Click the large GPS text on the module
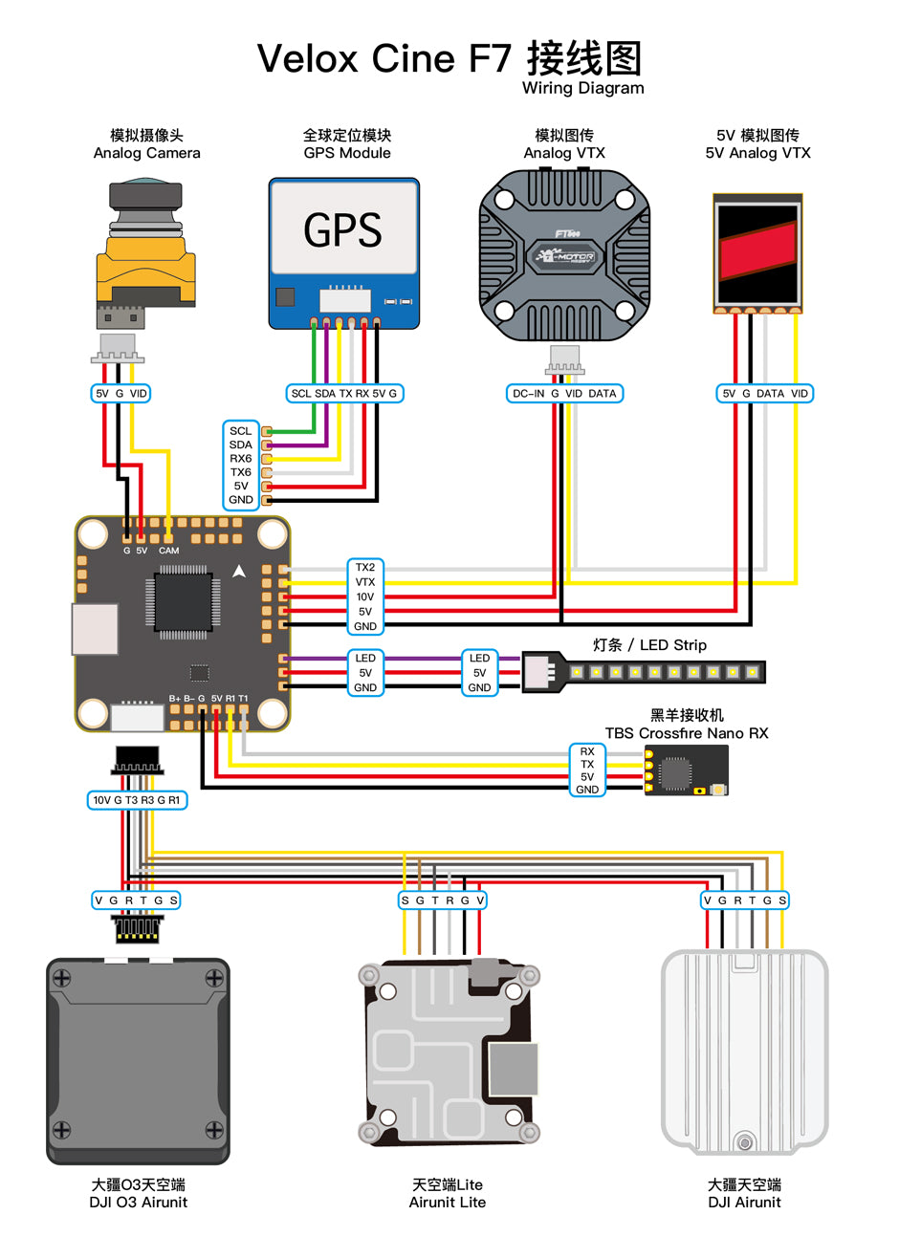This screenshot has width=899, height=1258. (x=342, y=229)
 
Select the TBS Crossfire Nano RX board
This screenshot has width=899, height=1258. (x=686, y=770)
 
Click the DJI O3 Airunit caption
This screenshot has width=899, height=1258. (x=139, y=1202)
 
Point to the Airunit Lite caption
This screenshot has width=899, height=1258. (x=448, y=1202)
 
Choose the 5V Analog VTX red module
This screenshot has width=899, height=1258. (x=757, y=253)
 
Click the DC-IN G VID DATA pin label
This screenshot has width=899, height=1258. (x=564, y=393)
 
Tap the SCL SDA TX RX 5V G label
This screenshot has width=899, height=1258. (x=344, y=393)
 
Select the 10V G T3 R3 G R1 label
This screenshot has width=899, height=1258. (x=137, y=799)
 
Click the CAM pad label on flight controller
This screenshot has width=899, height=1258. (x=168, y=551)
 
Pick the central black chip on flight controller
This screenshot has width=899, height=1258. (x=183, y=601)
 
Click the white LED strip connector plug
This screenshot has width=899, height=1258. (x=539, y=672)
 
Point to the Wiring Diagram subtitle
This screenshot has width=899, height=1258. (x=582, y=88)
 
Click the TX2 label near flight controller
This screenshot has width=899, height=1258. (x=365, y=567)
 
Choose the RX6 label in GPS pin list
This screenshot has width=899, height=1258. (x=241, y=458)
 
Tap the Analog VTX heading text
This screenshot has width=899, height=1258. (x=564, y=153)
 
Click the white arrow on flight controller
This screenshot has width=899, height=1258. (x=239, y=572)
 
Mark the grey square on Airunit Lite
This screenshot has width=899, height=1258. (x=514, y=1068)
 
